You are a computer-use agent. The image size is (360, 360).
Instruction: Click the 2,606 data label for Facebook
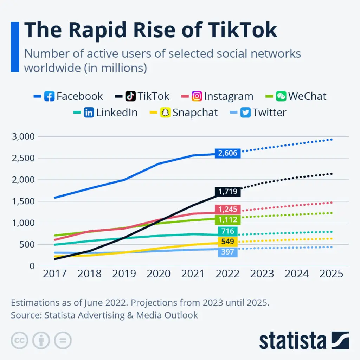228,153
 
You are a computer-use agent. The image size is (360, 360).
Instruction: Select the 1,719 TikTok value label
228,192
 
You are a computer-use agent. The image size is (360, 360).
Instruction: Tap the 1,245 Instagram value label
228,210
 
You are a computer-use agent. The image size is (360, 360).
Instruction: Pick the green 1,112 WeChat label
228,220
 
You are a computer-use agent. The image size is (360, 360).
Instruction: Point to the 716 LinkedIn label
228,231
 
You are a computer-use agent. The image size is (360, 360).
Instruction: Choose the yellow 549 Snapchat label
228,242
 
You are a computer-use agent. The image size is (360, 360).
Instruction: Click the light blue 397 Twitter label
228,252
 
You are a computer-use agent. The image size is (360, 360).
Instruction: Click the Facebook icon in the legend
49,96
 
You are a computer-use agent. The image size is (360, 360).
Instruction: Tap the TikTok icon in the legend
131,96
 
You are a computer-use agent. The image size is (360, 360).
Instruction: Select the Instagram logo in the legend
197,96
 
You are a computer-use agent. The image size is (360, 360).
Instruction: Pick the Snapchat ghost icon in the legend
165,113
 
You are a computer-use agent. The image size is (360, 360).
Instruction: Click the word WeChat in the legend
307,96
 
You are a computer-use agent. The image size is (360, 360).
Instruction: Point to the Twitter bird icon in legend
246,113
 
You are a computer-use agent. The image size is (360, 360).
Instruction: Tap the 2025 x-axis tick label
331,274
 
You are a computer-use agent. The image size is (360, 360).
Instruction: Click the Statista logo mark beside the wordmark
340,340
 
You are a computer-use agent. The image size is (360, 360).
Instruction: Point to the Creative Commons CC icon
20,340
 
